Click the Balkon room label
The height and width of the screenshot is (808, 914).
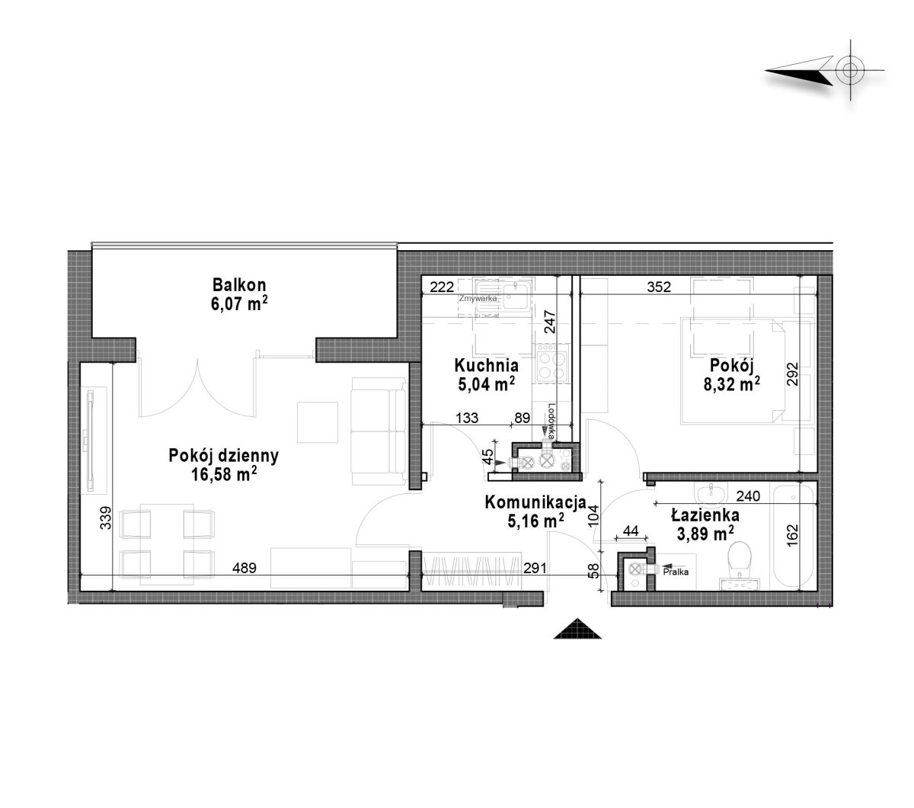coord(239,285)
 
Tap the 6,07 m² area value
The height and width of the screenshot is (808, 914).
coord(239,304)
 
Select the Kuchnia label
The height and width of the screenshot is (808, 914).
coord(486,365)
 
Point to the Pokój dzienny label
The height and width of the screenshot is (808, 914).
coord(223,456)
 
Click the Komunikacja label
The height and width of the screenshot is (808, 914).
coord(535,502)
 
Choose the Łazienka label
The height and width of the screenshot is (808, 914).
coord(705,515)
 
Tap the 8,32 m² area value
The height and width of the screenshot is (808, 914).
coord(731,384)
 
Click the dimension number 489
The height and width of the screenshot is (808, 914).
coord(244,568)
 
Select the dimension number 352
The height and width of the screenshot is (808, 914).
coord(659,287)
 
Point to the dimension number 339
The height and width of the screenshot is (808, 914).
coord(105,518)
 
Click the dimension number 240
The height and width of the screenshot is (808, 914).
coord(748,496)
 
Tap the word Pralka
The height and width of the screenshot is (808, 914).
coord(676,572)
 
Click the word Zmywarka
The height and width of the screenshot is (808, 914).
coord(478,299)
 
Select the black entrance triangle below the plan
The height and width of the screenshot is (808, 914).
coord(577,630)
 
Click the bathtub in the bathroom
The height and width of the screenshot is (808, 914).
coord(794,536)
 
